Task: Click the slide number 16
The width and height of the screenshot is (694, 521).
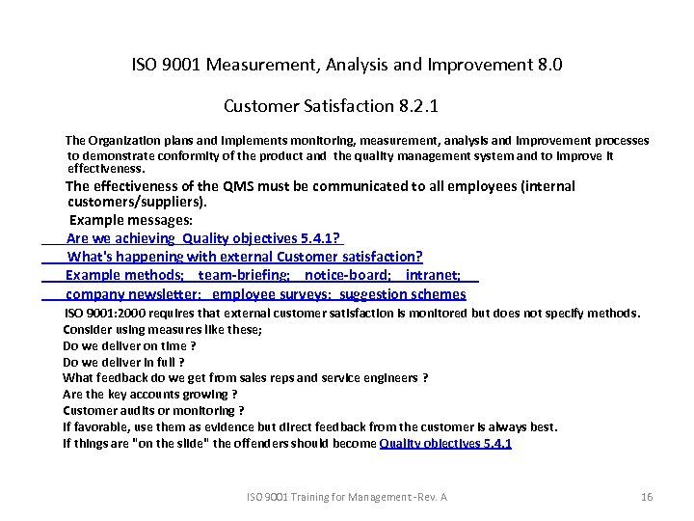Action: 647,497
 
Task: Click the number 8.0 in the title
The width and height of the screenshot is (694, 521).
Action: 547,66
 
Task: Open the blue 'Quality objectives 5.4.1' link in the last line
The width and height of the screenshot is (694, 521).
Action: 445,443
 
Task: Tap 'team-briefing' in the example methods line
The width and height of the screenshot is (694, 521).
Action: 243,275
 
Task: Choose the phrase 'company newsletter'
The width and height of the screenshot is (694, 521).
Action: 133,294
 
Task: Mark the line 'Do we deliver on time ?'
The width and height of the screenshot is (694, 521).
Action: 129,345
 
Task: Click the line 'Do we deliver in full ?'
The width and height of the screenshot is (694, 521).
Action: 123,362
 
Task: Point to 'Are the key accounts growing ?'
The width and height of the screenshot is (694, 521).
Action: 149,394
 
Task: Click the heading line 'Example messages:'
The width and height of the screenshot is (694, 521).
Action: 131,220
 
